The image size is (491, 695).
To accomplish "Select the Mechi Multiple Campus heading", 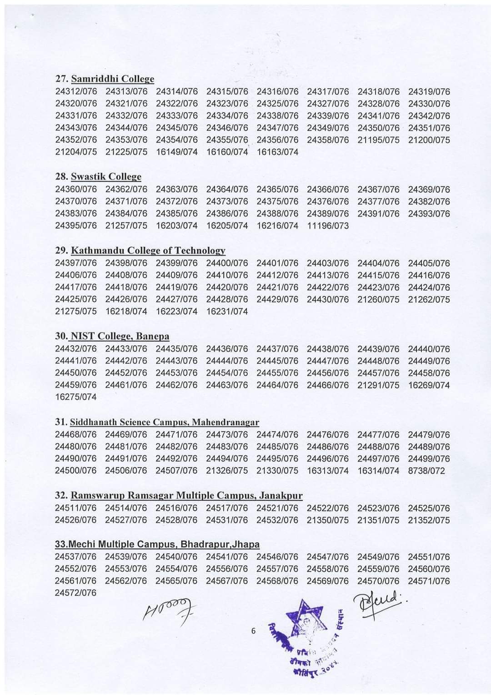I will click(157, 544).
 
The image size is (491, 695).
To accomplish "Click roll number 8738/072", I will click(426, 471).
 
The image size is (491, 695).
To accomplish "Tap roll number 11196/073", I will click(328, 226).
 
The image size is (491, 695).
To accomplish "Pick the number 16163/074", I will click(277, 152).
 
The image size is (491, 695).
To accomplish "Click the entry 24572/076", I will click(76, 593).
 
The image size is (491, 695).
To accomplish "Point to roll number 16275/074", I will click(76, 397).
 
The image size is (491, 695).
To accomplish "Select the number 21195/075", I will click(378, 140).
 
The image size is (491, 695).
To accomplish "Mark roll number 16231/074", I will click(227, 312).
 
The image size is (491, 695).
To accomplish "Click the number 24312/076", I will click(76, 91).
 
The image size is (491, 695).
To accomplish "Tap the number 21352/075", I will click(429, 520).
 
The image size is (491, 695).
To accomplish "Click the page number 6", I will click(254, 631).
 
